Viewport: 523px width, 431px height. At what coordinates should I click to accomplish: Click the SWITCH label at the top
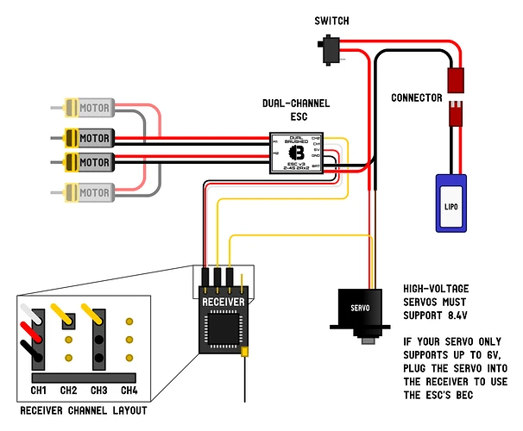click(x=332, y=20)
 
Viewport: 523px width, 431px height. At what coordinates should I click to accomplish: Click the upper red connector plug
click(x=452, y=80)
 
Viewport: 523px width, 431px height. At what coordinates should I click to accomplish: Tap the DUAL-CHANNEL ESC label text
click(x=295, y=110)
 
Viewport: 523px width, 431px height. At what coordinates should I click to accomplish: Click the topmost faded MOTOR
click(x=91, y=109)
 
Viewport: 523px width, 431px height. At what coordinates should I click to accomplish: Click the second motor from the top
click(x=91, y=137)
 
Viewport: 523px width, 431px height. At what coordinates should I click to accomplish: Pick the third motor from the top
click(x=91, y=161)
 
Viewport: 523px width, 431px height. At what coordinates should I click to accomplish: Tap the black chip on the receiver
click(x=224, y=329)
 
